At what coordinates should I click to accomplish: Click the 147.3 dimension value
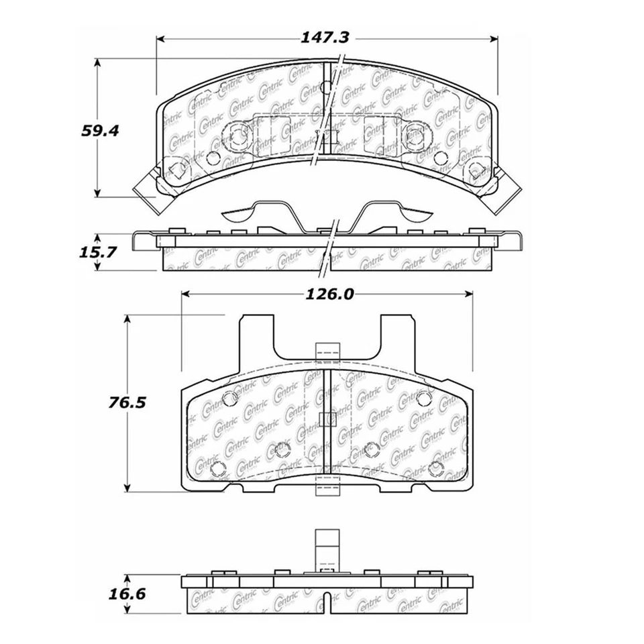327,39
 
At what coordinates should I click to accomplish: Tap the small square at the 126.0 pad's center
327,420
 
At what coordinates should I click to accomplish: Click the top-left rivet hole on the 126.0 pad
229,398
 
